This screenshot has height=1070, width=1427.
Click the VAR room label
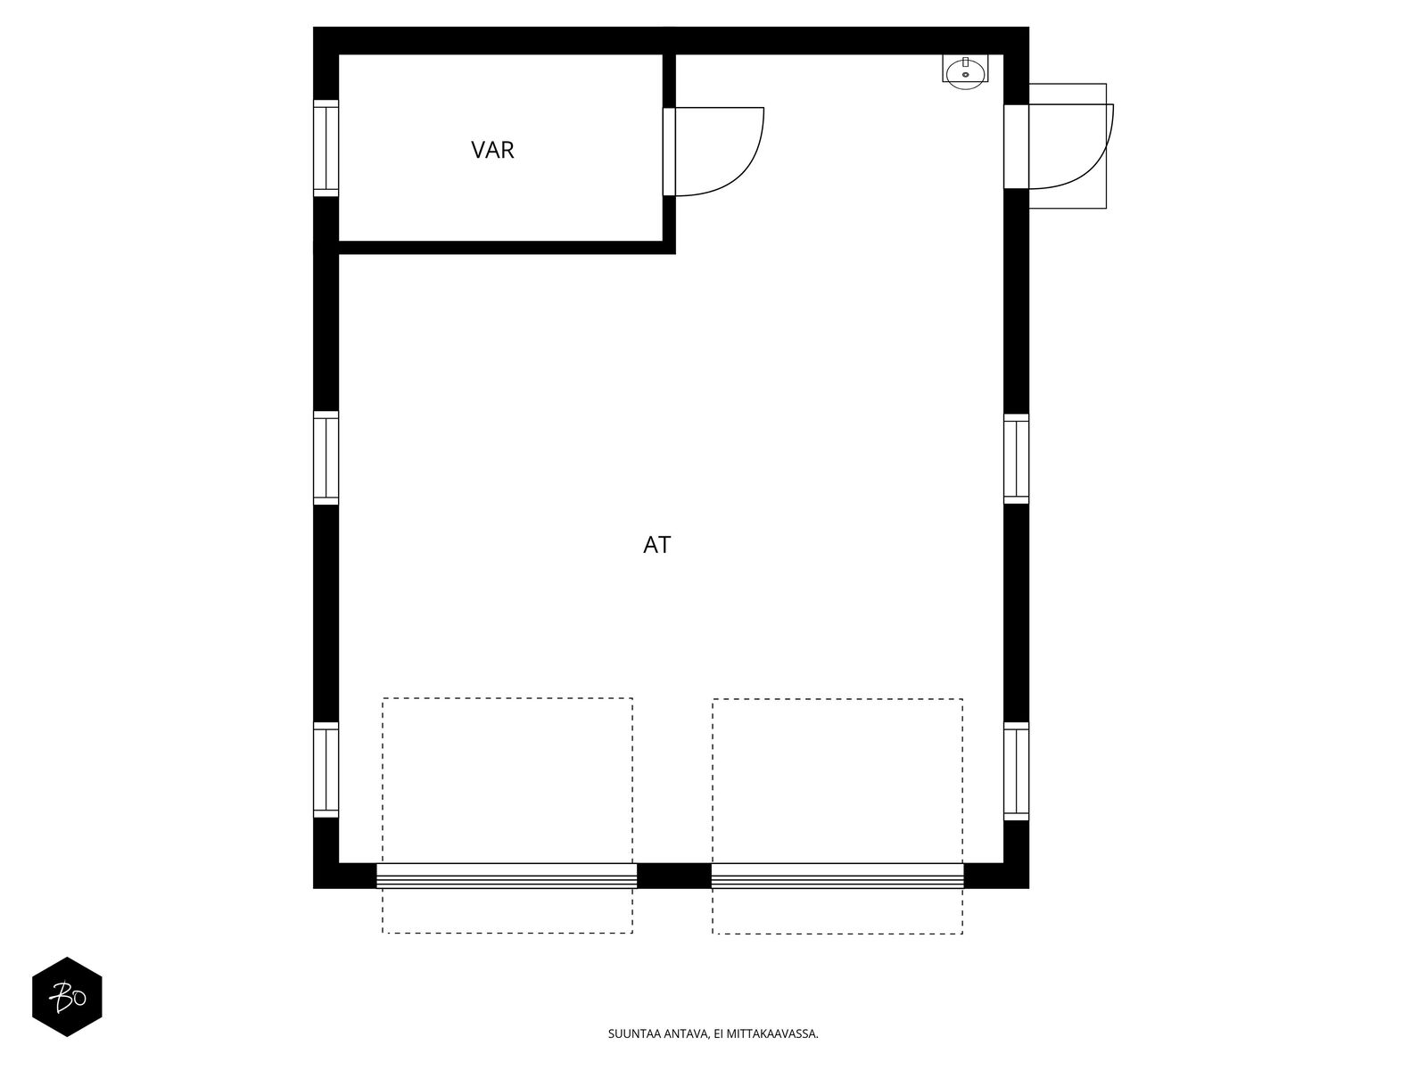coord(492,150)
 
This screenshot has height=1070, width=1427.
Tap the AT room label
coord(656,545)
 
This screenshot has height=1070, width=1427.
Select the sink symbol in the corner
coord(965,72)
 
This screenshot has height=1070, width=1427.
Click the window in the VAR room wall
coord(326,148)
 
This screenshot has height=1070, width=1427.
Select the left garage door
coord(507,876)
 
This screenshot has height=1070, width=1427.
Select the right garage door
coord(837,876)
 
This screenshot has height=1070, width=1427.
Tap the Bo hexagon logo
coord(67,997)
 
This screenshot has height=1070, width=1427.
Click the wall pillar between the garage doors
coord(674,876)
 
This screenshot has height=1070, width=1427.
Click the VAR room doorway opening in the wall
coord(669,152)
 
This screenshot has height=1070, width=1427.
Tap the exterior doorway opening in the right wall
coord(1016,146)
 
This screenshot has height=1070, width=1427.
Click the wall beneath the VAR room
coord(500,248)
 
